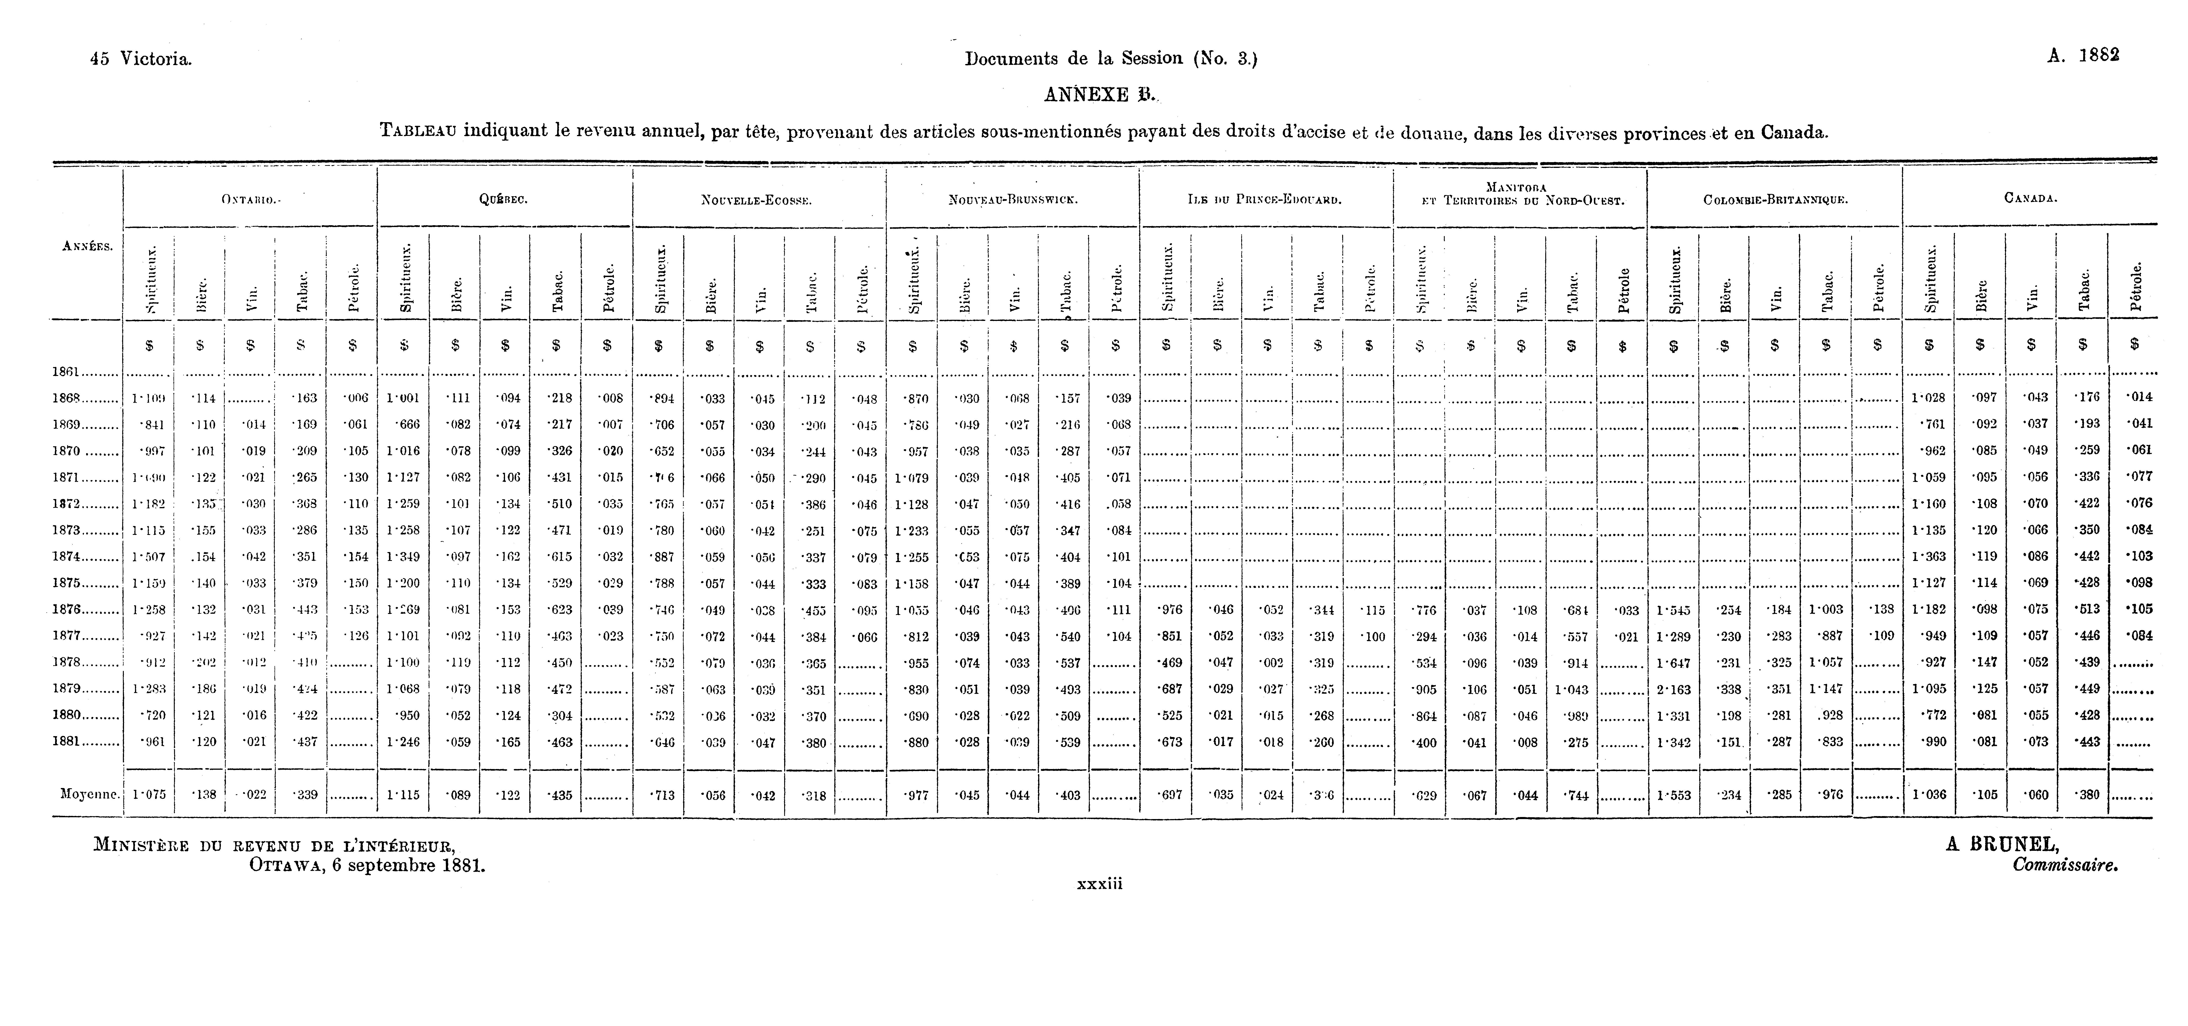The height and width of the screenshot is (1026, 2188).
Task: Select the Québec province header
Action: click(504, 200)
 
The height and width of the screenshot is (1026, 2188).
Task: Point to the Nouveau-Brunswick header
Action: click(1013, 201)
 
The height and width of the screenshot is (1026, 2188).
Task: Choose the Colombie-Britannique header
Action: click(1775, 201)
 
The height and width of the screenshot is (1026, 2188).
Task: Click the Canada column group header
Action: click(2030, 199)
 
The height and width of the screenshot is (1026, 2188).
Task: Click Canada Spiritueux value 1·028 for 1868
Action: click(1928, 397)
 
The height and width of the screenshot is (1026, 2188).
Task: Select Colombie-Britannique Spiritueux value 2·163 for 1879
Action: click(1673, 690)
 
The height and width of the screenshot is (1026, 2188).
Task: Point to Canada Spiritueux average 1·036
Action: click(1928, 795)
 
